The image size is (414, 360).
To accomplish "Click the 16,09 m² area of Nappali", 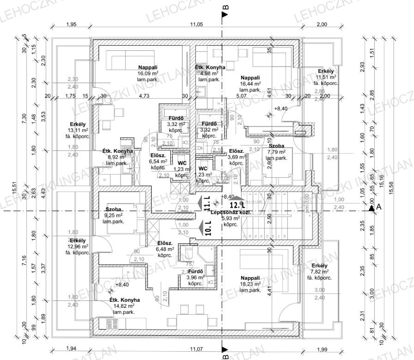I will pos(148,73).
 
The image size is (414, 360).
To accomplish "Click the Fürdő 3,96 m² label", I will pos(195,277).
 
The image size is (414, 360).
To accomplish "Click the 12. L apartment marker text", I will pos(236,204).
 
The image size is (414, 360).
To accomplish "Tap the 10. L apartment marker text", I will pos(206,228).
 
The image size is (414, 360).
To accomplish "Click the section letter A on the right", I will pos(378,207).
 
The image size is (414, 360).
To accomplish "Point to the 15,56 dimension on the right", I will pos(392,188).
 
